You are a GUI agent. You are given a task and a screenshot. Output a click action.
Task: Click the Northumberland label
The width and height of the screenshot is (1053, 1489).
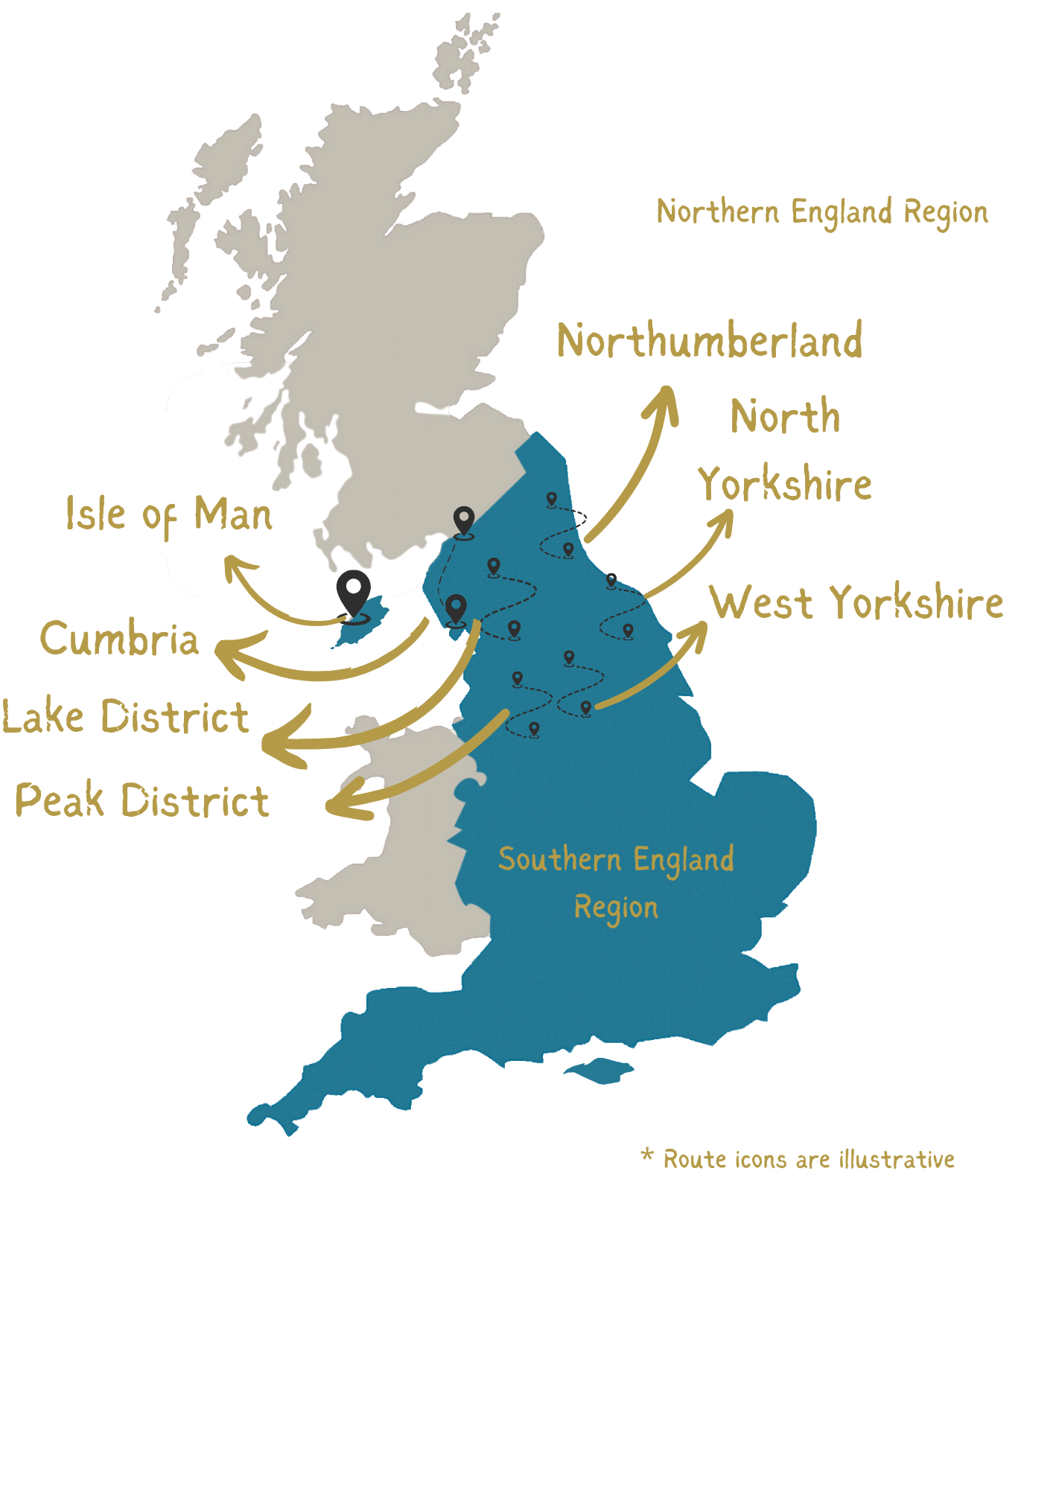click(710, 341)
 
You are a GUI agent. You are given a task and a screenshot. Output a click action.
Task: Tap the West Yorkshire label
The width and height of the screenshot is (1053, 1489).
click(856, 602)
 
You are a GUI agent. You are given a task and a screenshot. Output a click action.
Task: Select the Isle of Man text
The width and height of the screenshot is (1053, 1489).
click(169, 514)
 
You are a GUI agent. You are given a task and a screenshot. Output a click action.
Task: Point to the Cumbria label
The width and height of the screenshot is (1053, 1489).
click(119, 640)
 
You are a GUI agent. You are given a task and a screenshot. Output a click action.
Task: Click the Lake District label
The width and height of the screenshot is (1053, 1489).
click(125, 716)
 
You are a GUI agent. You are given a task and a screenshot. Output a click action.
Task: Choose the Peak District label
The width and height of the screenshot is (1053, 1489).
click(141, 800)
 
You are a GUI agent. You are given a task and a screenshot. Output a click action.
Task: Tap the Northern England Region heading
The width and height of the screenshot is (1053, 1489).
click(822, 212)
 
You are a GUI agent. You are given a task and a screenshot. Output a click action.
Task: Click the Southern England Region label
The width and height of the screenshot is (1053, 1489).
click(616, 882)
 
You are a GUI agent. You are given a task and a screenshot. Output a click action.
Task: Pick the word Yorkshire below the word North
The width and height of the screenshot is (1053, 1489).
click(785, 485)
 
